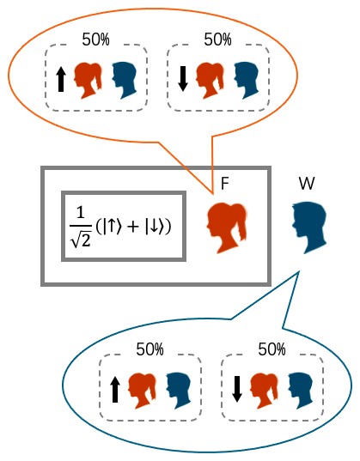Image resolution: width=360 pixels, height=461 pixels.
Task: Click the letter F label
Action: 225,184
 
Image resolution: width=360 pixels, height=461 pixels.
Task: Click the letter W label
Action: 307,184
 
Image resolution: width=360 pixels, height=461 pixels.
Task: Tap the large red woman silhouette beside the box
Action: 227,227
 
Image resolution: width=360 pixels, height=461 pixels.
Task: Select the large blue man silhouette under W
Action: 309,227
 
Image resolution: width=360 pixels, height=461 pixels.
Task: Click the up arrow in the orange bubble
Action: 61,79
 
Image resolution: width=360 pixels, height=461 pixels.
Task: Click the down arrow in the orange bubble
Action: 183,78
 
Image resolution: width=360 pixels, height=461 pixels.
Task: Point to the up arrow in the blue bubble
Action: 115,390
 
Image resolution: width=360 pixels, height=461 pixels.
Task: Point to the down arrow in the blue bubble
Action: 236,389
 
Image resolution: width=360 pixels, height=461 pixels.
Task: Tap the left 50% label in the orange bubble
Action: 95,39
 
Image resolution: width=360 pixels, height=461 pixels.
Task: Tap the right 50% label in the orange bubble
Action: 217,39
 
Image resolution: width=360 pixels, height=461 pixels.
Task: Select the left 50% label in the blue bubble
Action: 149,349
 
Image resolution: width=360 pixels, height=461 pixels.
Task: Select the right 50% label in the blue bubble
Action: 272,349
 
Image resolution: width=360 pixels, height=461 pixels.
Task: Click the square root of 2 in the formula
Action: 81,240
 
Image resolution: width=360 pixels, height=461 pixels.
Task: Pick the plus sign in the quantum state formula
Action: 133,227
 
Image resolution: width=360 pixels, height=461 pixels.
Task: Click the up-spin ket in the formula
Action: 112,227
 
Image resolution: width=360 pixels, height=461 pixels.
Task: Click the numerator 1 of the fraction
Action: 81,212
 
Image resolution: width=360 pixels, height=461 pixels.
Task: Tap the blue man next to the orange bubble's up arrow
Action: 125,80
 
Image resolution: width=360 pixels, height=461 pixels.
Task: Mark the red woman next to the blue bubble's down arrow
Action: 264,391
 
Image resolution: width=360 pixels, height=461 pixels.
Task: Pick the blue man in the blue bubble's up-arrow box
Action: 179,391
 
